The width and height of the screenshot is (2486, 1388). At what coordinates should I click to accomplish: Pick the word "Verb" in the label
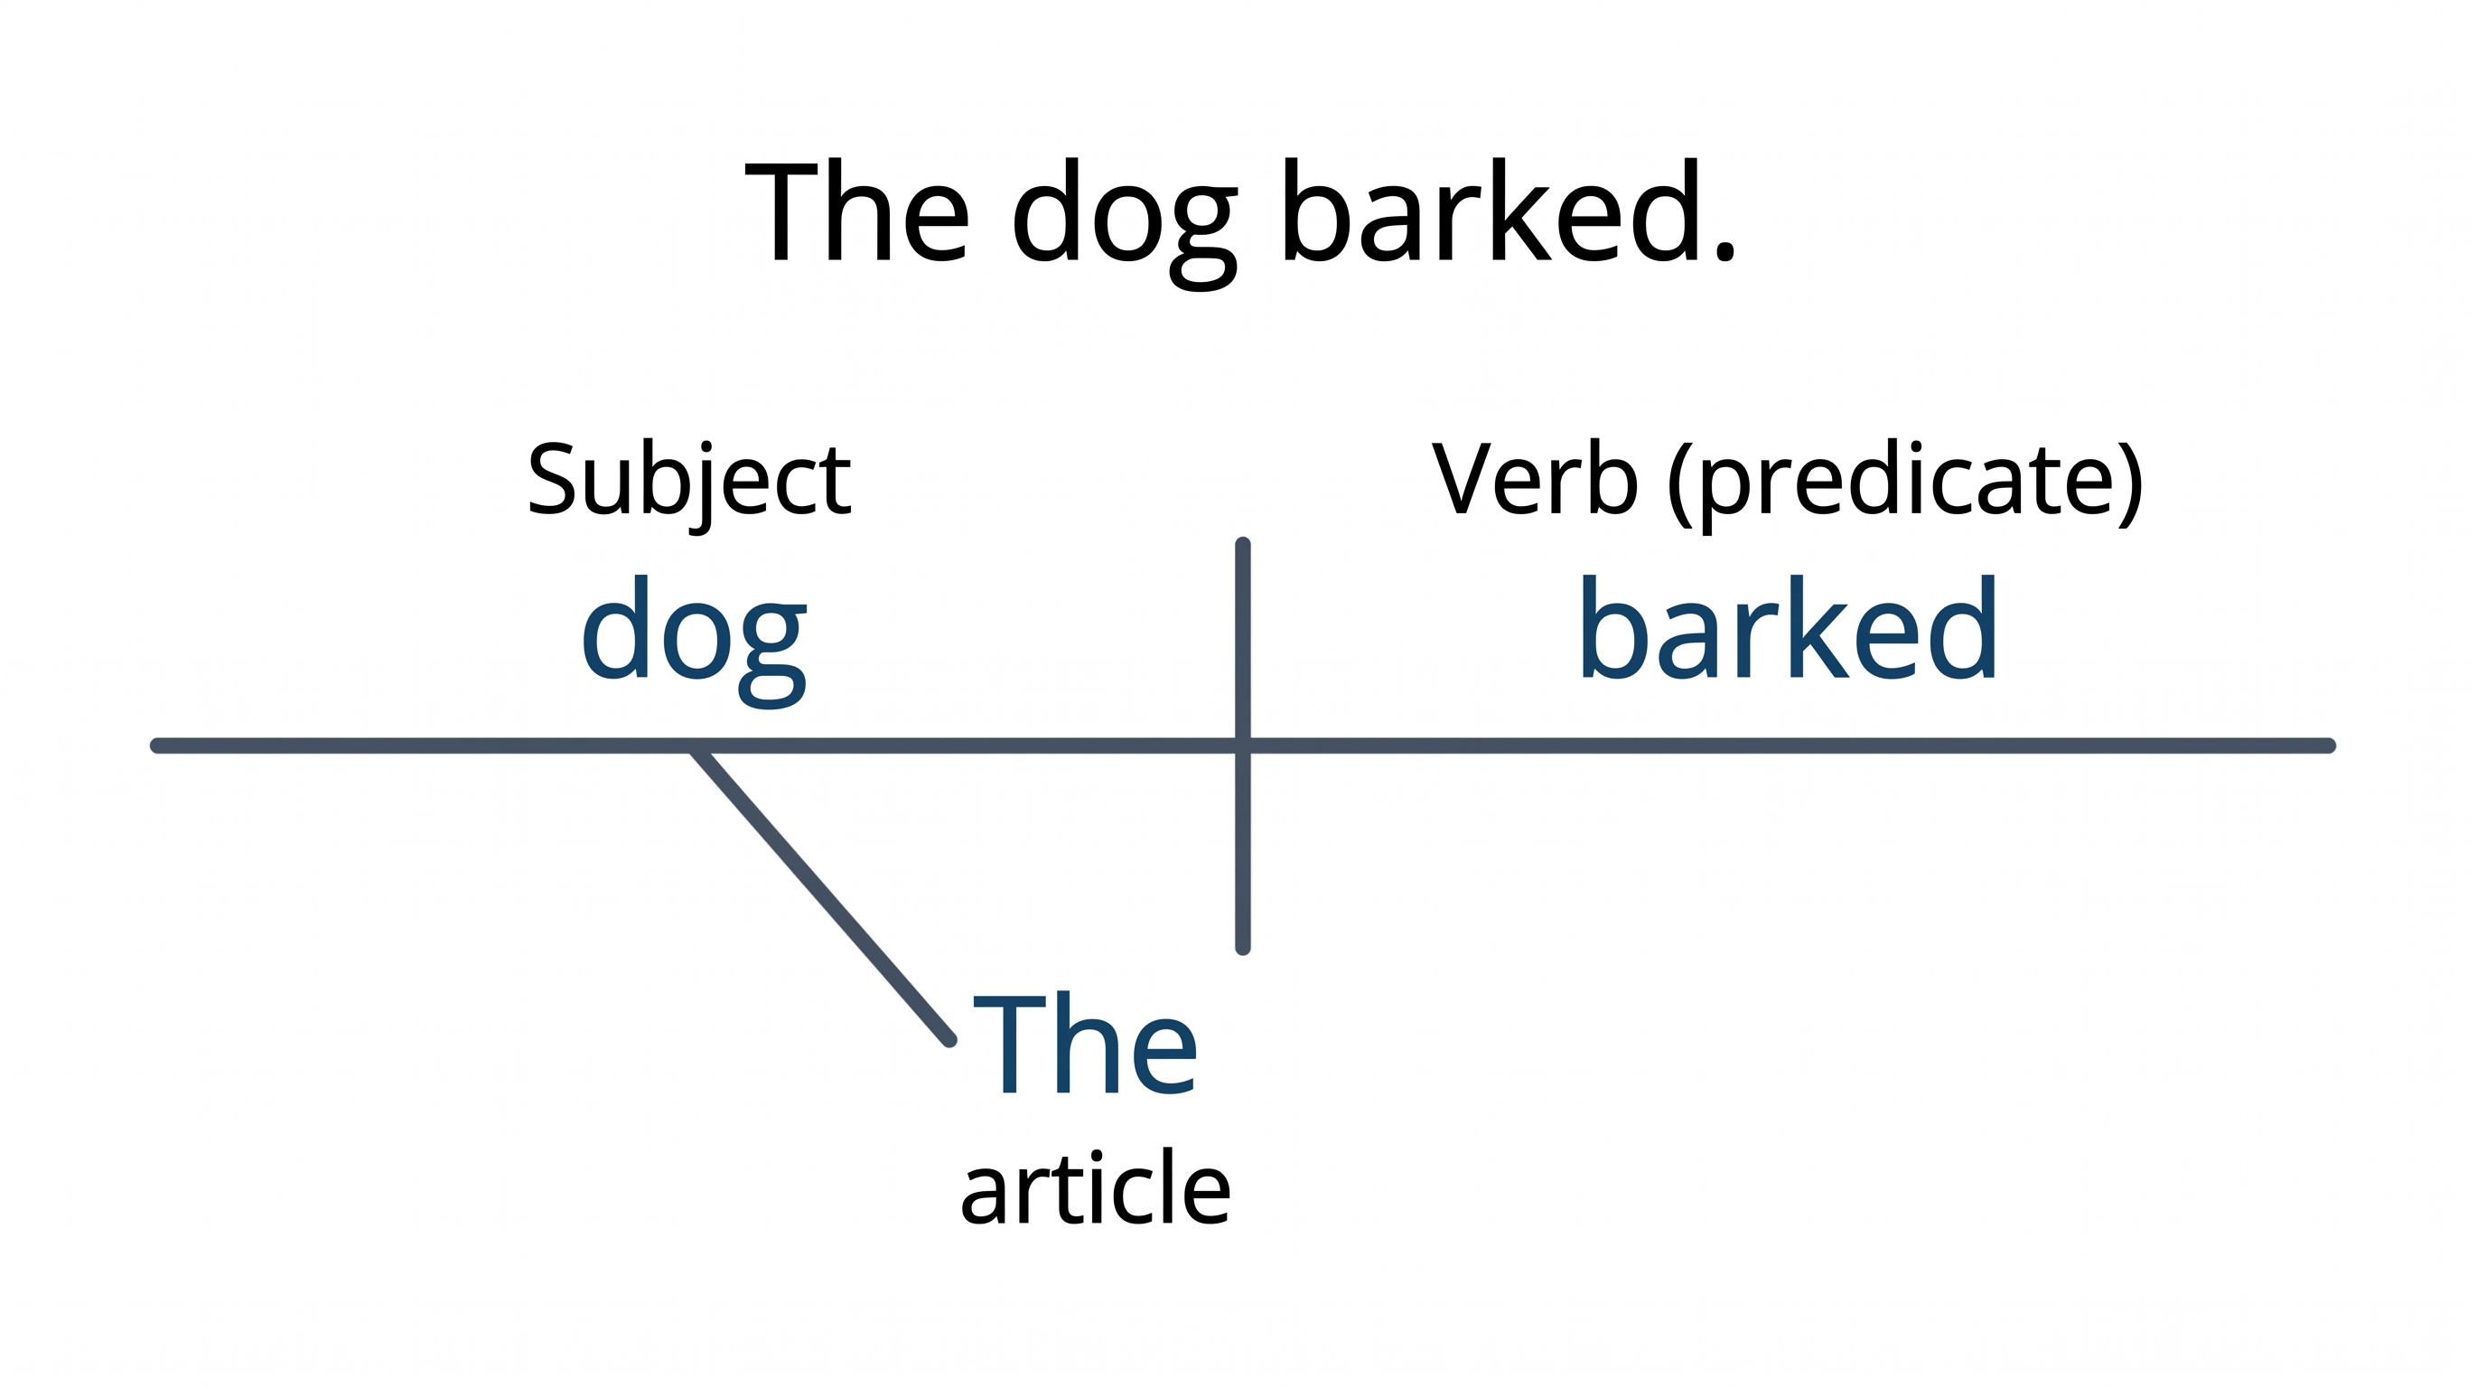[x=1535, y=480]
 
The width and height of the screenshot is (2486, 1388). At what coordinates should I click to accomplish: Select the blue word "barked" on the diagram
[x=1789, y=628]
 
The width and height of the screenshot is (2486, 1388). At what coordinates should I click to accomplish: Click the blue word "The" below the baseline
[x=1086, y=1045]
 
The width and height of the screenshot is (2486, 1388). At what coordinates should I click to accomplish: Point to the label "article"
[x=1096, y=1188]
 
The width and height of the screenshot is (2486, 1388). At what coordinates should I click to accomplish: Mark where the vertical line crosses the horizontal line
[x=1243, y=746]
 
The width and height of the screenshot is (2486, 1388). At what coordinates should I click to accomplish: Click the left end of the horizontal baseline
[x=156, y=746]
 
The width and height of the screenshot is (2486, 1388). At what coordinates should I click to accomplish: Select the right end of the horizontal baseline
[x=2329, y=746]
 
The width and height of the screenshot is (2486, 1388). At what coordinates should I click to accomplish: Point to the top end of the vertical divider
[x=1243, y=544]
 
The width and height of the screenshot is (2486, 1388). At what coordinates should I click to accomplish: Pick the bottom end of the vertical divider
[x=1243, y=949]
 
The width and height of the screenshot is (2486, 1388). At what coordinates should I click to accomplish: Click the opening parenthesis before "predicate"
[x=1680, y=484]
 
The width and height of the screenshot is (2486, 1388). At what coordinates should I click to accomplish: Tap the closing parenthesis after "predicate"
[x=2129, y=484]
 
